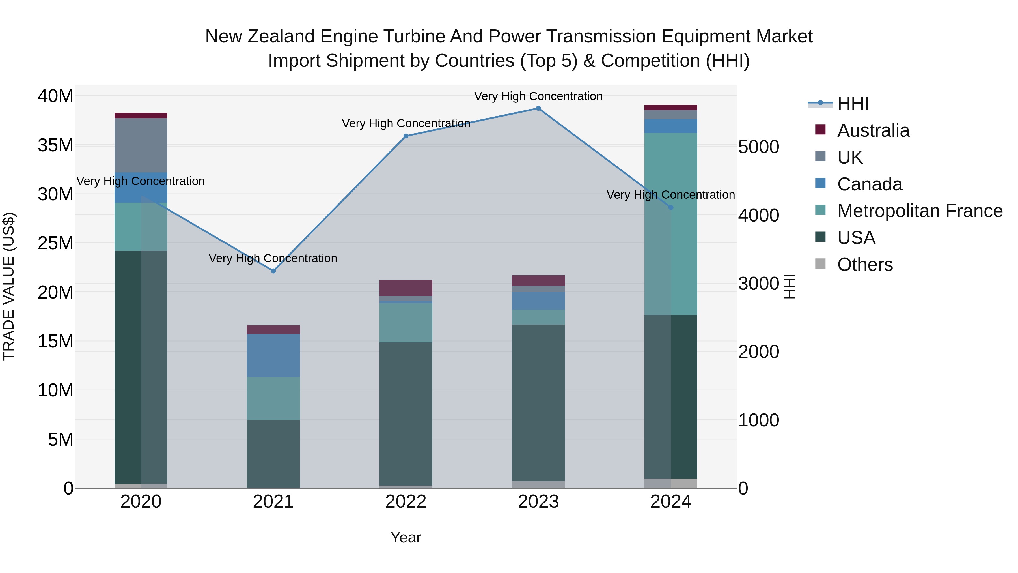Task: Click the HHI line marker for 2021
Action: [x=273, y=271]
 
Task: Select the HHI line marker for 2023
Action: [x=538, y=108]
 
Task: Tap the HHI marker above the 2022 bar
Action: [x=406, y=136]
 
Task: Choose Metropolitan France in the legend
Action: [x=920, y=211]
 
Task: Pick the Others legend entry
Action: [x=865, y=265]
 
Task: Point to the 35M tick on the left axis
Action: [x=55, y=145]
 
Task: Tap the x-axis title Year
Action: [x=406, y=537]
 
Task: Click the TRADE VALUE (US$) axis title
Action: [x=9, y=286]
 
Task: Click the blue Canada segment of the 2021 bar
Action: [x=273, y=355]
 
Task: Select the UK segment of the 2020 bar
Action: [x=141, y=145]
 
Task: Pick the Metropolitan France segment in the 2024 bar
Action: [x=671, y=224]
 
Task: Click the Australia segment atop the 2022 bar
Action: [x=406, y=288]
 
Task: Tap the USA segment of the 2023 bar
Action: [x=538, y=403]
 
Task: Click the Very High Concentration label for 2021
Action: [x=273, y=258]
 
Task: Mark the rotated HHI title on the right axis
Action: [x=789, y=286]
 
